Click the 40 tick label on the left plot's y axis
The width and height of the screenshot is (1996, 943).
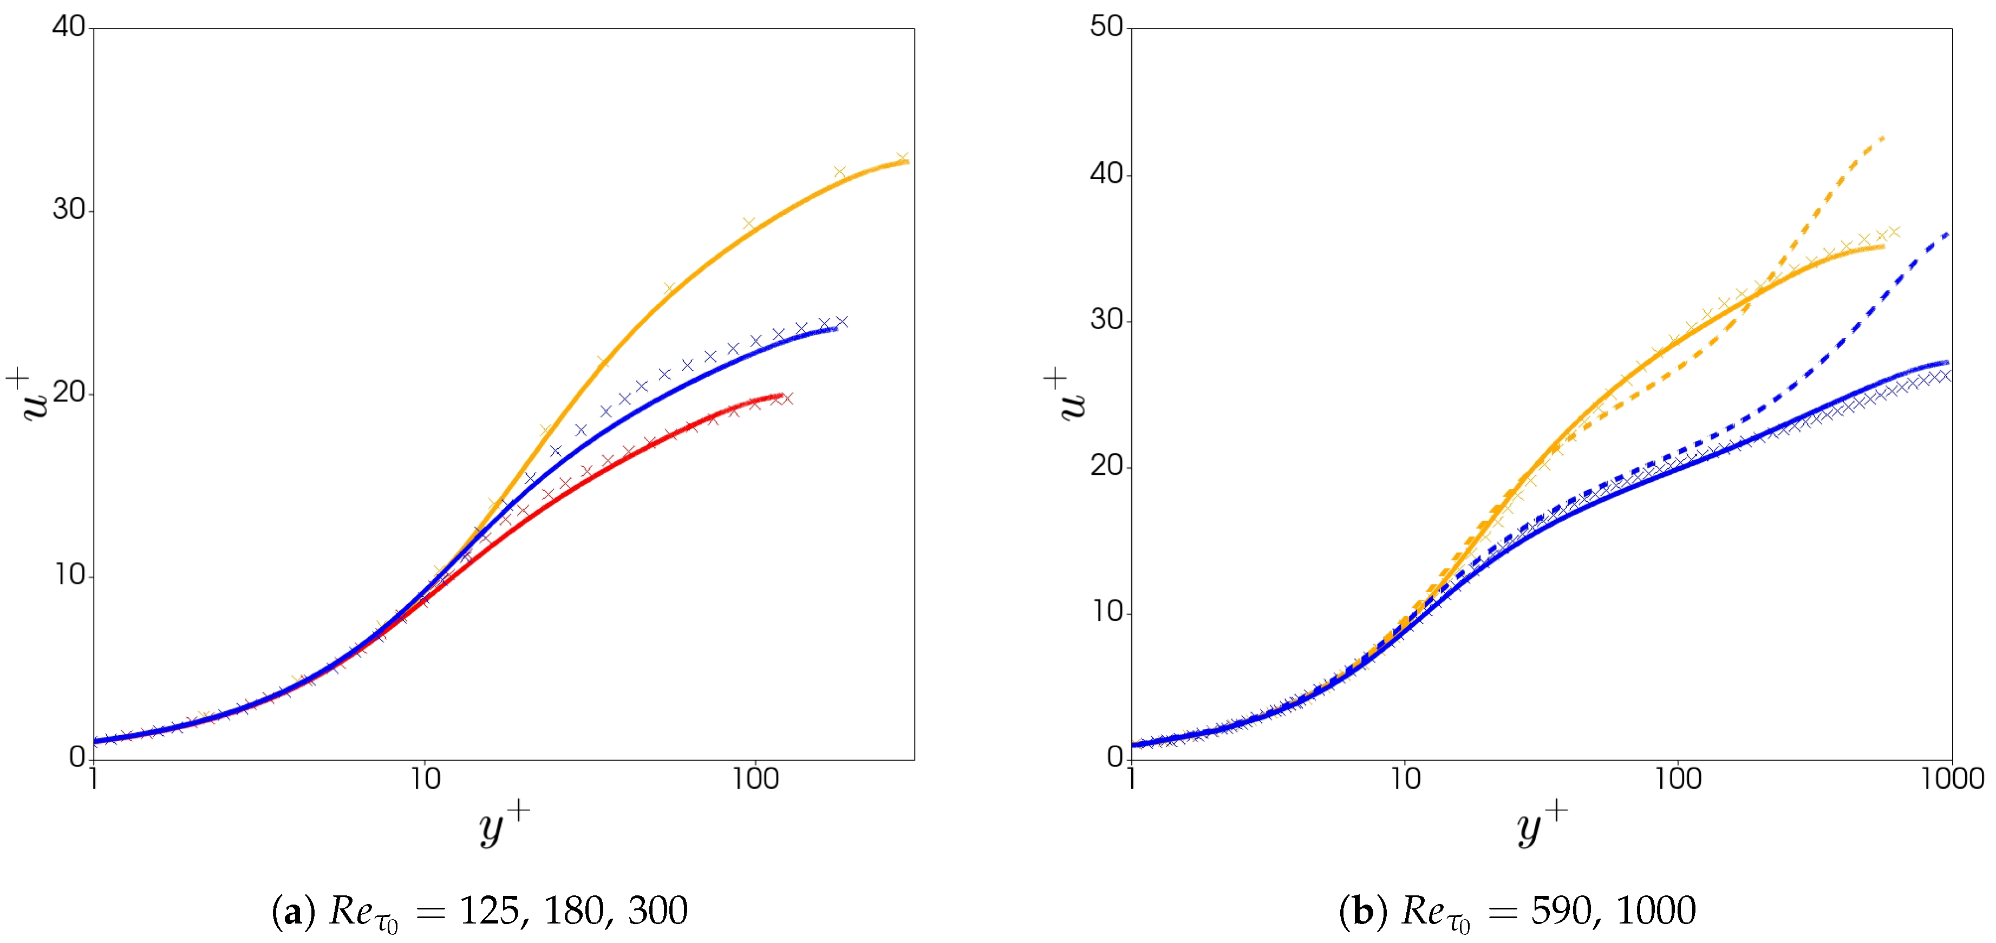68,27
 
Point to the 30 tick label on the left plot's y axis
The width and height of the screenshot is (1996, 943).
68,210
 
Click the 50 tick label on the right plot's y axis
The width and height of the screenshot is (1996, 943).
1106,27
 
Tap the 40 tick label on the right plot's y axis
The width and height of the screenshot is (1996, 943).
1106,174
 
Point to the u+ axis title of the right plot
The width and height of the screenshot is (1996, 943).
1069,395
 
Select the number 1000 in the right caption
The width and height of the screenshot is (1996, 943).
1656,911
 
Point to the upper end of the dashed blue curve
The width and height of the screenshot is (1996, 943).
1947,234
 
